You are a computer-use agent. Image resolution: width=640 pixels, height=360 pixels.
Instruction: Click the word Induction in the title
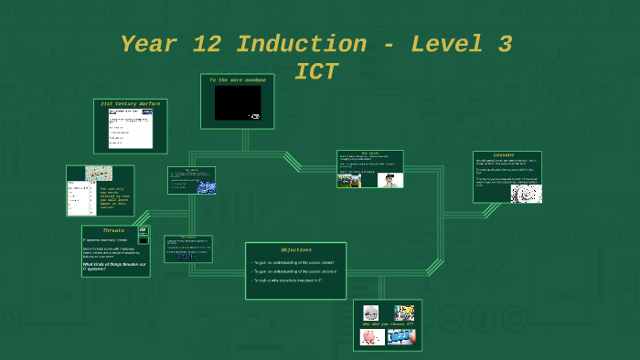tap(303, 44)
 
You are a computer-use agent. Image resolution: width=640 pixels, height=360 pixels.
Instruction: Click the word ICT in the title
tap(316, 72)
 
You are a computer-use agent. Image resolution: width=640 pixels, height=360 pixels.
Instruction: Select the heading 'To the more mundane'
tap(238, 80)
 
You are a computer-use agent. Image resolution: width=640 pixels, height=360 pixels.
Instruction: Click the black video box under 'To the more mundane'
tap(237, 103)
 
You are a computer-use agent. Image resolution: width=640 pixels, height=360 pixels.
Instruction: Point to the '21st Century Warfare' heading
tap(131, 104)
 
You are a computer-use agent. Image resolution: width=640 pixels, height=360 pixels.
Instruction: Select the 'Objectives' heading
tap(295, 249)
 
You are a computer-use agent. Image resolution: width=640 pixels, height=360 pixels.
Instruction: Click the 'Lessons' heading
tap(504, 155)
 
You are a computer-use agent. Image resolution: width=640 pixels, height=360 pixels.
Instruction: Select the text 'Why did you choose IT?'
tap(388, 324)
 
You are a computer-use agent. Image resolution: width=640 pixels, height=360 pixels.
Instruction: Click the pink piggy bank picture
tap(371, 337)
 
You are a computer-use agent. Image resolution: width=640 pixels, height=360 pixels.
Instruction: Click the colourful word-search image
tap(99, 173)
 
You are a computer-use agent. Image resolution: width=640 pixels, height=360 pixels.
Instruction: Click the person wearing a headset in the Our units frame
tap(390, 180)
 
